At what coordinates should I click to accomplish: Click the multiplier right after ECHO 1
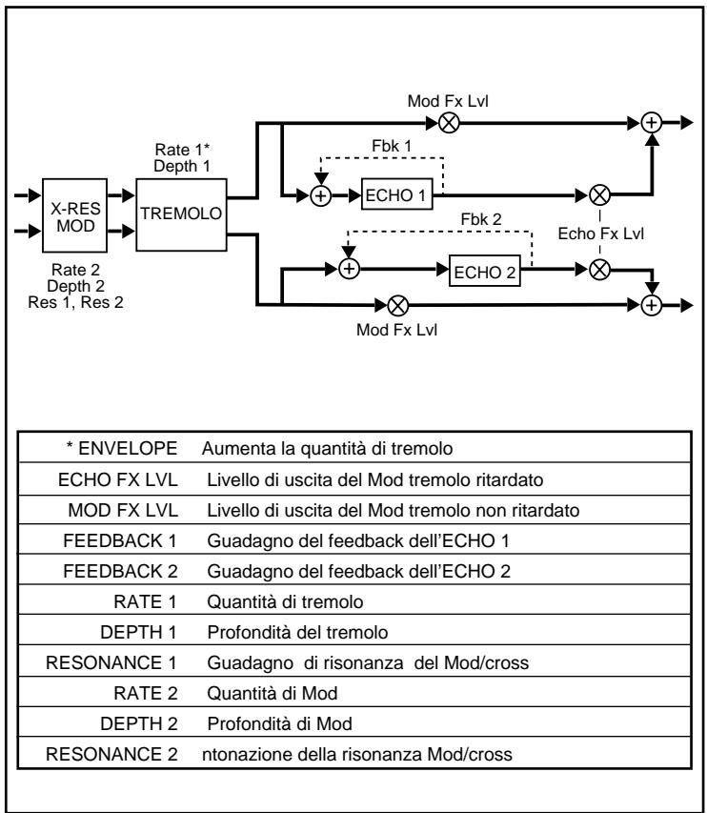coord(600,194)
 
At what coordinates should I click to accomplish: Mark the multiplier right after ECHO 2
coord(600,269)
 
